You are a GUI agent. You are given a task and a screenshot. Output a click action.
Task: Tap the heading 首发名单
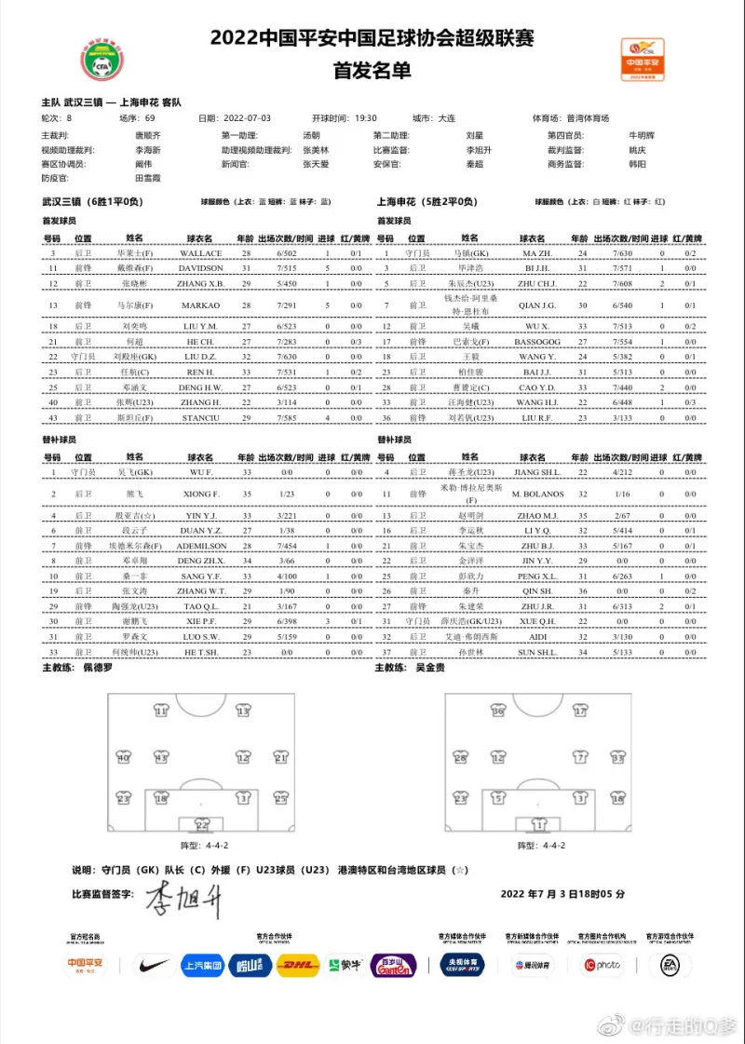click(372, 71)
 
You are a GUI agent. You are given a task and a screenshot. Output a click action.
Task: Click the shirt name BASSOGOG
click(538, 342)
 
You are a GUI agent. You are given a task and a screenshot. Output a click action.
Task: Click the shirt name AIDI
click(538, 636)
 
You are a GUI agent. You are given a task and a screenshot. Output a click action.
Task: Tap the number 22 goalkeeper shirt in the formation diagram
click(202, 823)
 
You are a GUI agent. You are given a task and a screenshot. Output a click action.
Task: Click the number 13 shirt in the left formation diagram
click(243, 712)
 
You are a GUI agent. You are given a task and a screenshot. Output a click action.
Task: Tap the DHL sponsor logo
click(298, 966)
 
